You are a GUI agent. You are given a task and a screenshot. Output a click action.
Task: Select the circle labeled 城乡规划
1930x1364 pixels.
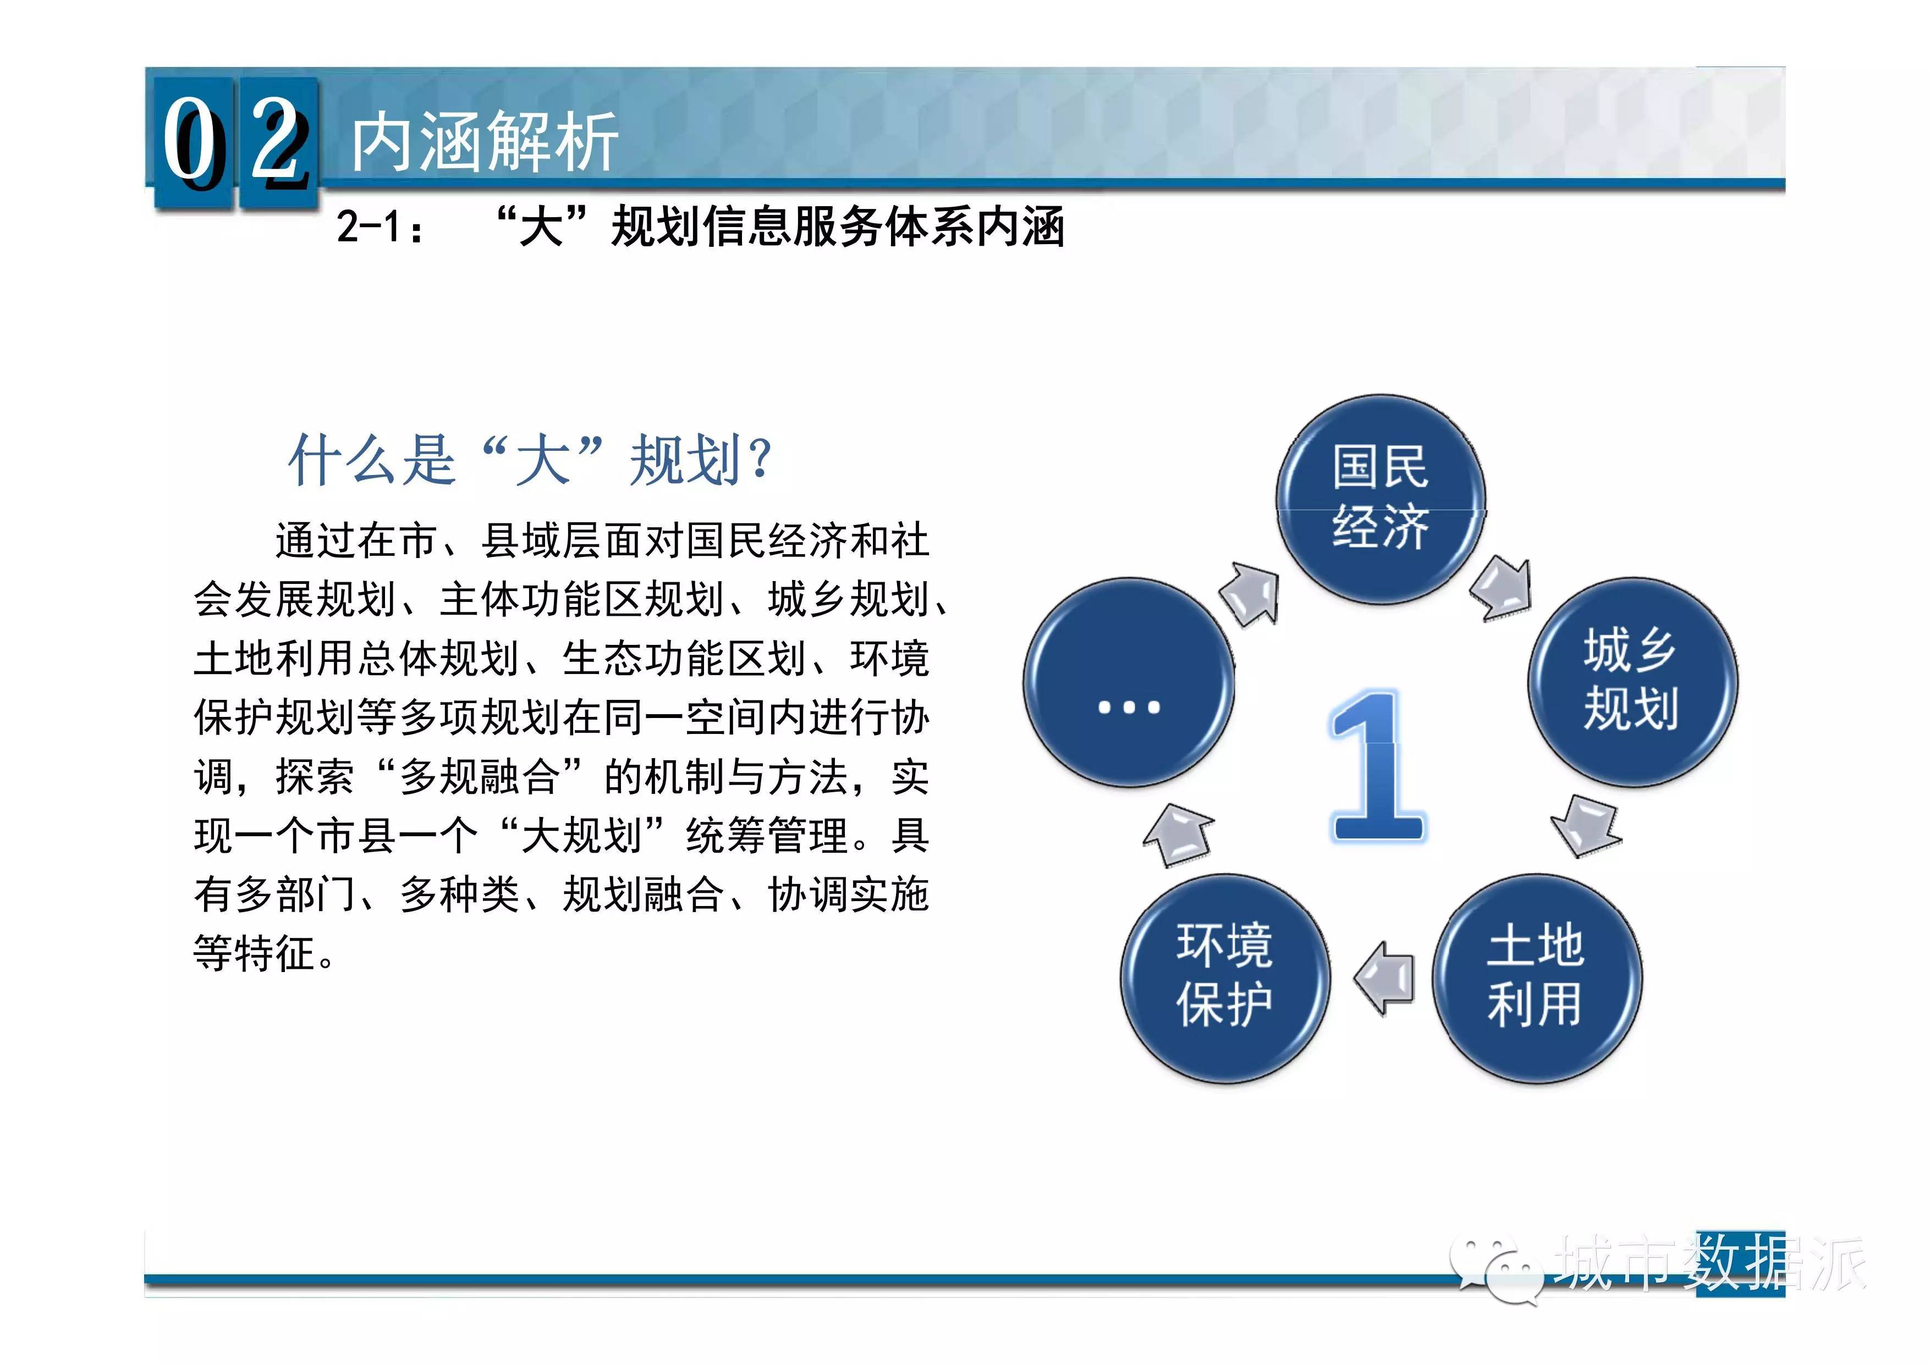1631,682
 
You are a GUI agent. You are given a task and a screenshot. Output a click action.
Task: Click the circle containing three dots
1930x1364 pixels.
1129,682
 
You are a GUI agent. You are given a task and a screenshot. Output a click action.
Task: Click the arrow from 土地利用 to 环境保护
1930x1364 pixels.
1384,978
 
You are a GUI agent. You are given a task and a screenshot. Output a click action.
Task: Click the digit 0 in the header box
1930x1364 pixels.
193,141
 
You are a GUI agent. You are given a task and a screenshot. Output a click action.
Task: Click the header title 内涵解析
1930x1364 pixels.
485,142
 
